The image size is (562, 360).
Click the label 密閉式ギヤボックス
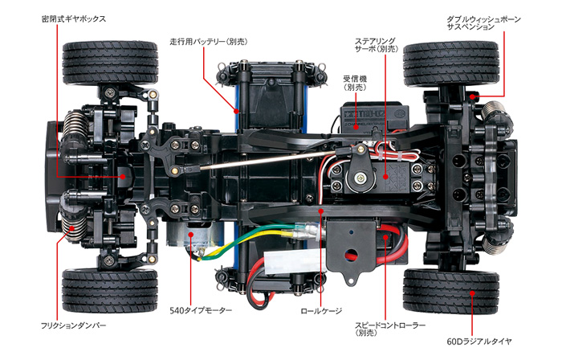[x=73, y=18]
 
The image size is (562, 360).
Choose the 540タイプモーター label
[x=201, y=309]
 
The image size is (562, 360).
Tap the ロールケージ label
[x=320, y=309]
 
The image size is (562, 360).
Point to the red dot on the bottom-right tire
[x=474, y=294]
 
